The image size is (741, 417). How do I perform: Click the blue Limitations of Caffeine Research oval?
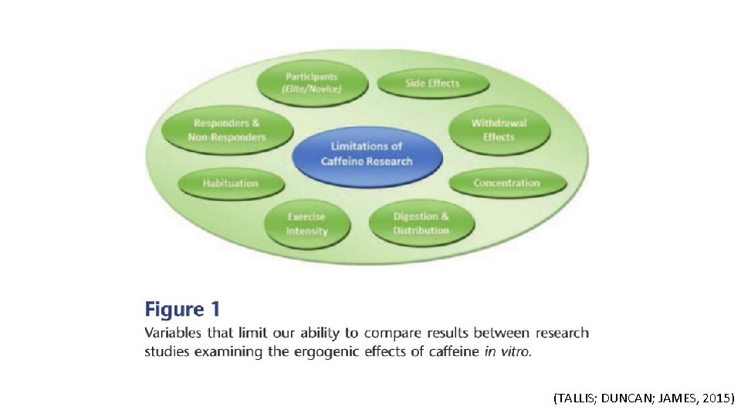[x=367, y=154]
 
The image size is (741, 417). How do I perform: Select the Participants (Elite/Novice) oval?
[x=312, y=83]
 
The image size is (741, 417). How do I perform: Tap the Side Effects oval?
[x=432, y=83]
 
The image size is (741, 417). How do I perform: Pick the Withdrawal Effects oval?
[x=499, y=130]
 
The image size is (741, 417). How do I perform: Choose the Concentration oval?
[x=506, y=183]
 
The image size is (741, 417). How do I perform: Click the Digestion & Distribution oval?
[x=421, y=223]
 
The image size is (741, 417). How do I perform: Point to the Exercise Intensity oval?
[x=306, y=224]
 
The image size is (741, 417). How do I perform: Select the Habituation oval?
[x=231, y=183]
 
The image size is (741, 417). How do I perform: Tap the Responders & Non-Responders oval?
[x=226, y=130]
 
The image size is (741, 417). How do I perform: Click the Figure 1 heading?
[x=182, y=310]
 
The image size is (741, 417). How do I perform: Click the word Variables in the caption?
[x=173, y=334]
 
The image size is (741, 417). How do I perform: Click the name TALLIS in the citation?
[x=575, y=398]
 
